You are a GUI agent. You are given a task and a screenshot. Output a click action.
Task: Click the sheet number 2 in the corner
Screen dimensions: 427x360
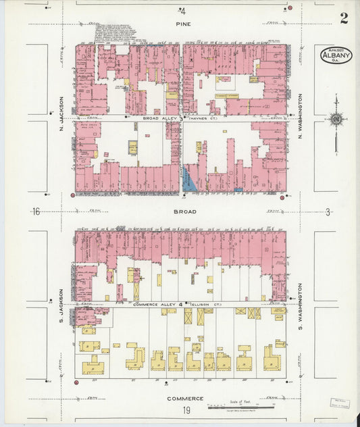pos(344,18)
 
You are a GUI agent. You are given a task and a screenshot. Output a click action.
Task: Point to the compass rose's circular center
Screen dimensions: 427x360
pos(335,120)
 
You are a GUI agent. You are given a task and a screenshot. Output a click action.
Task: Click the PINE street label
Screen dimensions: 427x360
pos(183,24)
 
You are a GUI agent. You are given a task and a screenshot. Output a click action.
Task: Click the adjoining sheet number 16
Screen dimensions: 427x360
pos(36,211)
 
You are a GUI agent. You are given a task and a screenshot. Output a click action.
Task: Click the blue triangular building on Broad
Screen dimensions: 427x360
pos(191,181)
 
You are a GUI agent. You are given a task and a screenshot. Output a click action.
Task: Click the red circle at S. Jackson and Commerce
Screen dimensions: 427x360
pos(76,383)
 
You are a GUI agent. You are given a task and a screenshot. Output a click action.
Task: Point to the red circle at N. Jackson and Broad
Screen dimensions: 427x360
pos(72,195)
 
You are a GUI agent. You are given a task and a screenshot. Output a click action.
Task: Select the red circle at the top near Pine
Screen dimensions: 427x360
pos(290,8)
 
